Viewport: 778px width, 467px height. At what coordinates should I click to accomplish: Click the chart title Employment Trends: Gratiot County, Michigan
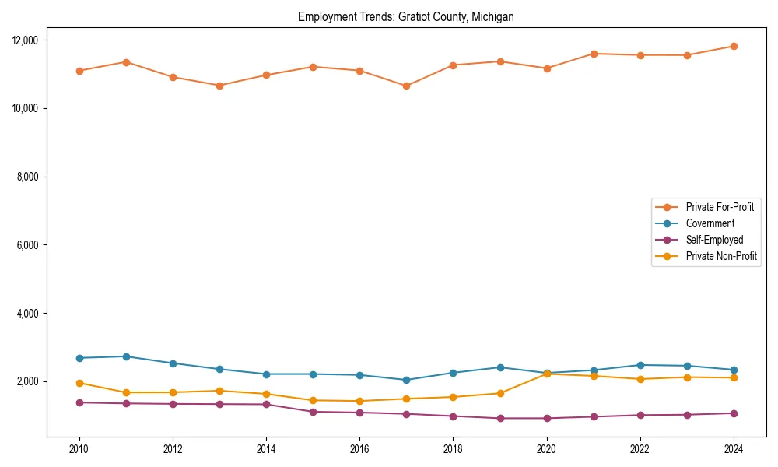[x=405, y=16]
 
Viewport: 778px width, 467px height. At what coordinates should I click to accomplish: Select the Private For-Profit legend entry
[x=720, y=207]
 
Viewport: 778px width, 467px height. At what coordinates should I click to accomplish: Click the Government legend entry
[x=710, y=223]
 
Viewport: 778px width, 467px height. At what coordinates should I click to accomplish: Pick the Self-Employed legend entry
[x=714, y=240]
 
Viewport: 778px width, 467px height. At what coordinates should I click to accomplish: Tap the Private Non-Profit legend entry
[x=721, y=256]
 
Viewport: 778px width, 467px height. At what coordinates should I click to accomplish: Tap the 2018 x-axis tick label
[x=454, y=449]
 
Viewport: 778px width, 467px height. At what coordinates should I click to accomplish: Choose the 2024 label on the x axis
[x=734, y=449]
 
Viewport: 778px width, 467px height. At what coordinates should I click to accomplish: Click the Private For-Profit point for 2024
[x=734, y=46]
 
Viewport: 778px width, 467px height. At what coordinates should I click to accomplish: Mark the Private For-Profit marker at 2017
[x=407, y=86]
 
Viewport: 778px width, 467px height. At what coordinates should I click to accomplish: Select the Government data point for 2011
[x=126, y=356]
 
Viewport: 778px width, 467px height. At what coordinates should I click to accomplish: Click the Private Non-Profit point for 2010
[x=79, y=383]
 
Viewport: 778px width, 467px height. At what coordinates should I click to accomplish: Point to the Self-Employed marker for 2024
[x=734, y=413]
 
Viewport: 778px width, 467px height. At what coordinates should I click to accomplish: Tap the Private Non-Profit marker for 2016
[x=360, y=401]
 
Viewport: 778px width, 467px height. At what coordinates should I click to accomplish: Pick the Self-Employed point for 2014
[x=266, y=404]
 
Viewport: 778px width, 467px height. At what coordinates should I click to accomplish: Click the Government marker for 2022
[x=640, y=365]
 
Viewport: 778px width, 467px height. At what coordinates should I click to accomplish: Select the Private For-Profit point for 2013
[x=219, y=86]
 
